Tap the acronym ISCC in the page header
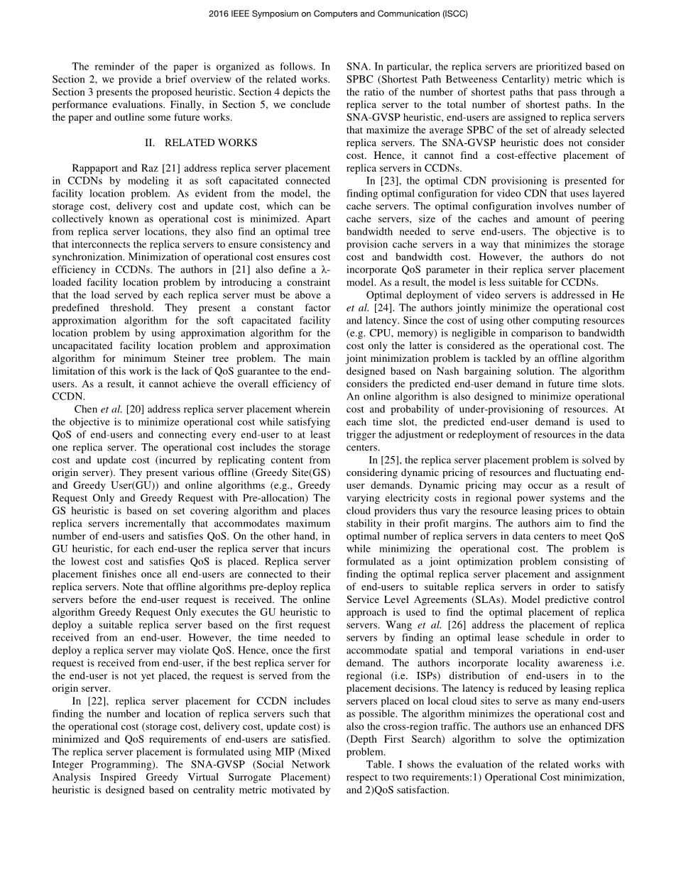pos(455,13)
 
